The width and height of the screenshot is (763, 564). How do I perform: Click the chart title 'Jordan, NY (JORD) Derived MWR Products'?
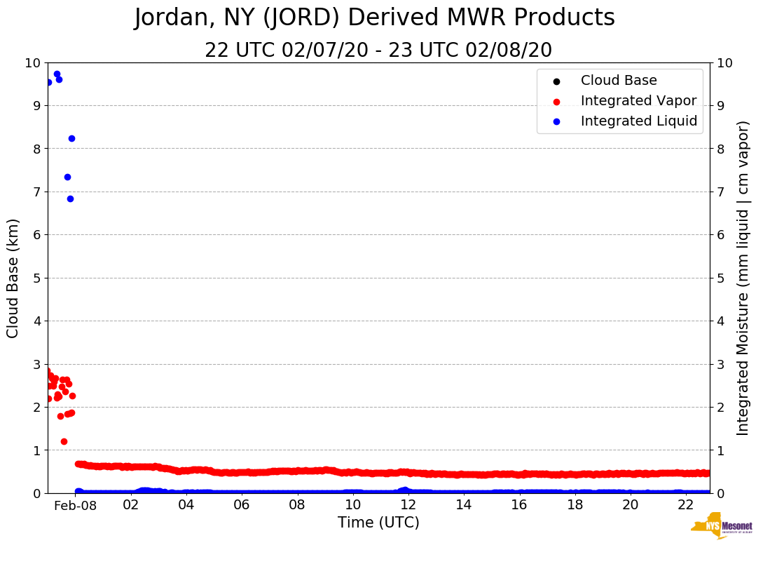tap(374, 18)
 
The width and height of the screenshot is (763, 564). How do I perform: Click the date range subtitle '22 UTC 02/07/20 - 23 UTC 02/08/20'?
tap(378, 51)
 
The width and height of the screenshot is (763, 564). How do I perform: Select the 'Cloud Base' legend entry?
tap(619, 81)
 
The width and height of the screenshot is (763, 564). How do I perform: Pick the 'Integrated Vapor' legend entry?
tap(638, 101)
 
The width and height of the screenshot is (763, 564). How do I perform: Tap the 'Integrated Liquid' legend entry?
tap(639, 121)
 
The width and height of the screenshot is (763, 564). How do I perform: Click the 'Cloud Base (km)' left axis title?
tap(13, 278)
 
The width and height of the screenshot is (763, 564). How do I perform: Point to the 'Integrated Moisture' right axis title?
tap(743, 278)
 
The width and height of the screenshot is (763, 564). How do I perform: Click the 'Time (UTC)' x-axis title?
tap(378, 523)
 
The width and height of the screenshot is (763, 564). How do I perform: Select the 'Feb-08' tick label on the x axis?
tap(75, 505)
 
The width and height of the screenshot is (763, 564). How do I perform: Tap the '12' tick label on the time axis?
tap(408, 505)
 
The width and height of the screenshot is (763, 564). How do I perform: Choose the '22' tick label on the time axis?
tap(685, 505)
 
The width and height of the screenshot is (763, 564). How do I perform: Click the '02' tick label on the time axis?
tap(131, 505)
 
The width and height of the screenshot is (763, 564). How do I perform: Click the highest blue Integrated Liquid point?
tap(57, 74)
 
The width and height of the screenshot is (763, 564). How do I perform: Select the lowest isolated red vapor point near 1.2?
tap(64, 441)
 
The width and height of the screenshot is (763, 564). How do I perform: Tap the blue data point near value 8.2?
tap(71, 138)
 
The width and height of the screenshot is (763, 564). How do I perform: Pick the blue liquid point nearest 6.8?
tap(70, 199)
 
